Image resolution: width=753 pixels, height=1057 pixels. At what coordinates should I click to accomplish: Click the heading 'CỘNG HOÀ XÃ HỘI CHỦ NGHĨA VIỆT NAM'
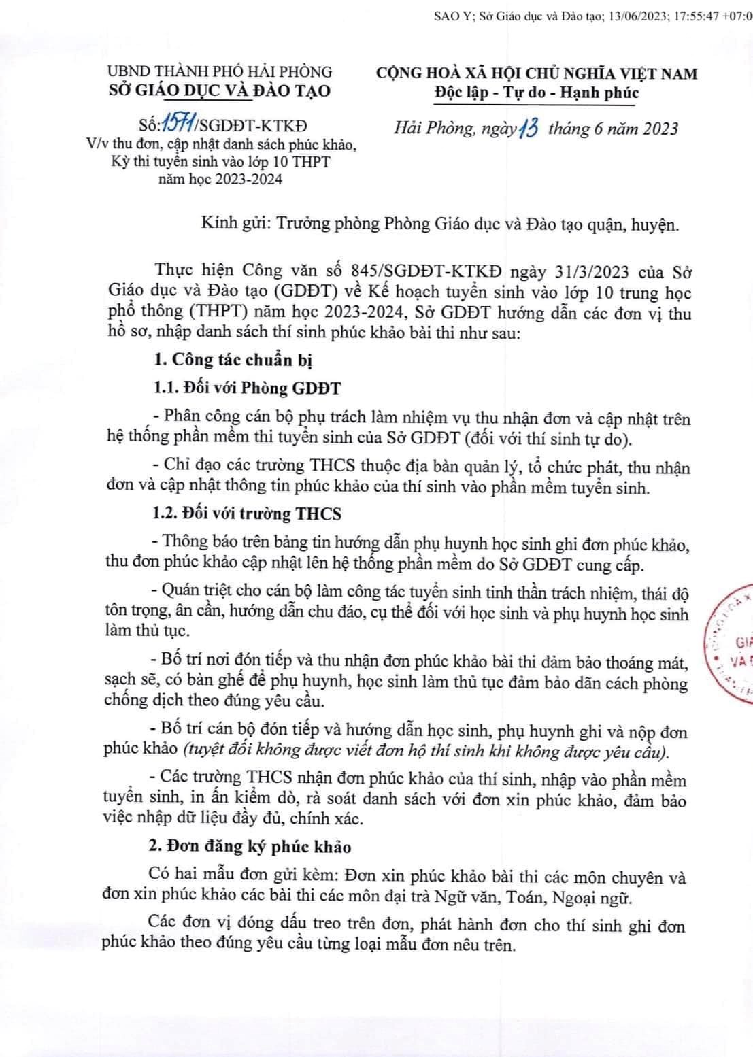click(537, 73)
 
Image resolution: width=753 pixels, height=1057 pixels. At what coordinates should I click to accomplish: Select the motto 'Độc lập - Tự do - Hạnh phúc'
click(537, 93)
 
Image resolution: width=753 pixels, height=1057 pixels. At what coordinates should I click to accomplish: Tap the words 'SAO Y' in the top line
click(448, 18)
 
